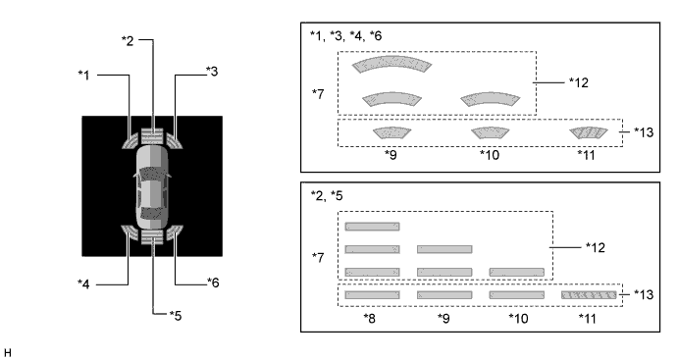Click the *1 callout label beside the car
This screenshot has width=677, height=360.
coord(83,76)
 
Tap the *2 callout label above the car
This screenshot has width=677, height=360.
coord(128,41)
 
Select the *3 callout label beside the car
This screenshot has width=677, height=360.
coord(212,72)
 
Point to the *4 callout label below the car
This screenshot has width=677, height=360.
coord(83,284)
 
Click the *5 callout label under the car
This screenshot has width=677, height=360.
coord(176,316)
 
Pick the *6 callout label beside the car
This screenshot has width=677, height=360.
coord(213,283)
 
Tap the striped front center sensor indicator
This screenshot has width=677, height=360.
coord(152,136)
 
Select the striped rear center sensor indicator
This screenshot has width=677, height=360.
coord(152,237)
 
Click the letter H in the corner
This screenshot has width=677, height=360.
coord(7,353)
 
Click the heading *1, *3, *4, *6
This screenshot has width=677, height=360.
coord(345,36)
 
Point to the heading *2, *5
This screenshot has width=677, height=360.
coord(327,196)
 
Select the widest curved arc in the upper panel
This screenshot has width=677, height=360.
coord(391,64)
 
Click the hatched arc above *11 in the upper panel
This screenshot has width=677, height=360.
coord(588,132)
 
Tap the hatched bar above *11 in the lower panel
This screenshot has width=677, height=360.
coord(589,295)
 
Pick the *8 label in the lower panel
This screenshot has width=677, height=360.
coord(370,319)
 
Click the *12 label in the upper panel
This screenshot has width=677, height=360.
coord(579,82)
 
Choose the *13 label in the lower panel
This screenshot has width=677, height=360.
coord(644,294)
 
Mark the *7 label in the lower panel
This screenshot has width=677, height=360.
coord(318,258)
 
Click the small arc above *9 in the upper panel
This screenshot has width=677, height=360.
coord(391,132)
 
